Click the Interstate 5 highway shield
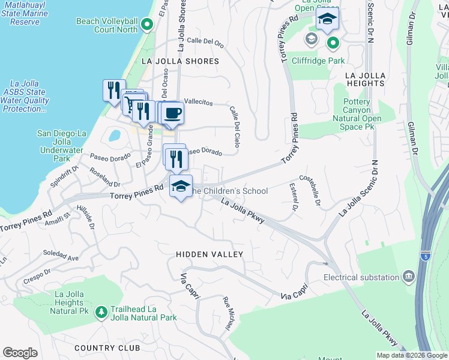(x=426, y=256)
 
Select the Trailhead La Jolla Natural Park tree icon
(x=101, y=312)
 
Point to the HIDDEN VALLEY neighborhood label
(x=209, y=254)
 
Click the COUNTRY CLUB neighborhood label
(x=107, y=348)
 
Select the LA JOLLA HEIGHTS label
(x=365, y=79)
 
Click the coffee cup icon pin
(x=172, y=113)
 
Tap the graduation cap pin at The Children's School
(x=180, y=186)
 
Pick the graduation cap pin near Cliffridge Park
(x=327, y=20)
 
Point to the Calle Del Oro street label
(x=205, y=42)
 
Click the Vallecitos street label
(x=198, y=102)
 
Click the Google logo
(x=20, y=353)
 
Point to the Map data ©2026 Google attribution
(x=411, y=355)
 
